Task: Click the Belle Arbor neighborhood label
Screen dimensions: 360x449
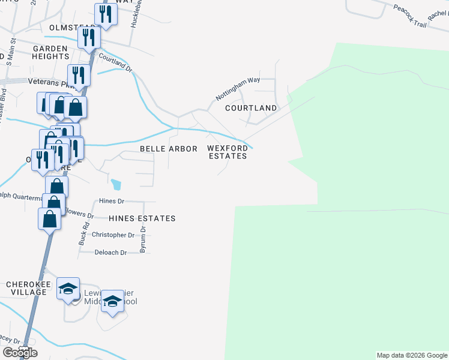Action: pos(169,149)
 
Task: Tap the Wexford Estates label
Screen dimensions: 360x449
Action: pos(228,152)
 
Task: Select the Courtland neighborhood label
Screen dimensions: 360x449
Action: pos(251,109)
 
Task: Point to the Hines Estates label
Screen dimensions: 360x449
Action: pos(142,218)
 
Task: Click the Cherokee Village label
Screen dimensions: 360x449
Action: pos(26,288)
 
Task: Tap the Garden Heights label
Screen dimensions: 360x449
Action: pos(51,52)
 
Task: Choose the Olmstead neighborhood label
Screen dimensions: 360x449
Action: pos(56,28)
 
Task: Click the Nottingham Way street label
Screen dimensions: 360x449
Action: pos(238,88)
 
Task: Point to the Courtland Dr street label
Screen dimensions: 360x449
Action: pos(115,62)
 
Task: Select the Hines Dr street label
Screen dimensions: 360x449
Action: pos(112,202)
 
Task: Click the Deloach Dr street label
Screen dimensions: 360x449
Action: pos(111,253)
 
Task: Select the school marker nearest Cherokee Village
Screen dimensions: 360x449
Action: pos(68,288)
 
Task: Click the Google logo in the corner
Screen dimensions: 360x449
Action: pos(20,353)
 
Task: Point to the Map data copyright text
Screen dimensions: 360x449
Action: pos(411,355)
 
